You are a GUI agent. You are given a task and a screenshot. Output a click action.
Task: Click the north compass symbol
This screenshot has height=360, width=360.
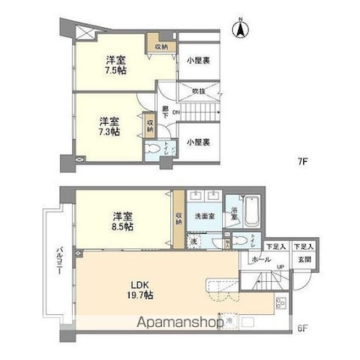(240, 29)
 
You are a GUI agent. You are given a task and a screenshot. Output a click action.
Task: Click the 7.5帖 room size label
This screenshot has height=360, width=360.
(111, 66)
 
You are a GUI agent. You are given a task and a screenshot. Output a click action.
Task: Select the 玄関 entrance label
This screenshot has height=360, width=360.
(302, 260)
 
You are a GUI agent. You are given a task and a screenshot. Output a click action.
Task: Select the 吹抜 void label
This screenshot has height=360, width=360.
(197, 90)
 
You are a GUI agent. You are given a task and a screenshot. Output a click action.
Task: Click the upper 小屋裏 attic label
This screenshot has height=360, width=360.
(197, 59)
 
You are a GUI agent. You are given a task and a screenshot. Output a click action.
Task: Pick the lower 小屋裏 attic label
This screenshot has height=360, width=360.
(197, 141)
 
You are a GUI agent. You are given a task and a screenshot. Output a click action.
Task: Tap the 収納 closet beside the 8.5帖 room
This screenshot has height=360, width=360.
(179, 219)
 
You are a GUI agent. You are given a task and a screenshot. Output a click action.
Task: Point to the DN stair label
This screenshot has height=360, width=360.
(175, 113)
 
